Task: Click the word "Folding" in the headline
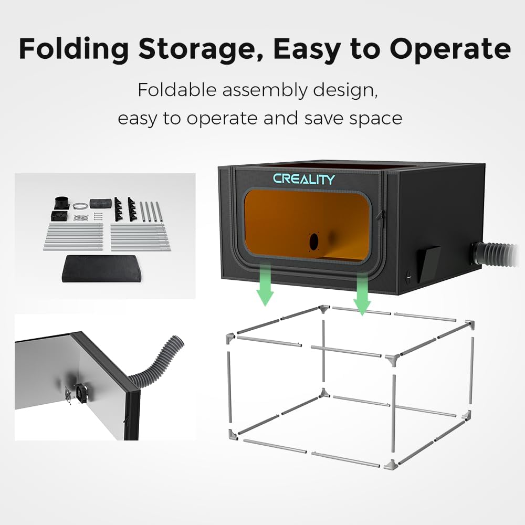pyautogui.click(x=73, y=49)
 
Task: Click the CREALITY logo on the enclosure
pyautogui.click(x=303, y=179)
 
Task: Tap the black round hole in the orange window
pyautogui.click(x=314, y=241)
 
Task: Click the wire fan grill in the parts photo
pyautogui.click(x=81, y=218)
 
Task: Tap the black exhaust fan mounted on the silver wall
pyautogui.click(x=82, y=393)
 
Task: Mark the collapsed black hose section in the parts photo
pyautogui.click(x=100, y=203)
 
